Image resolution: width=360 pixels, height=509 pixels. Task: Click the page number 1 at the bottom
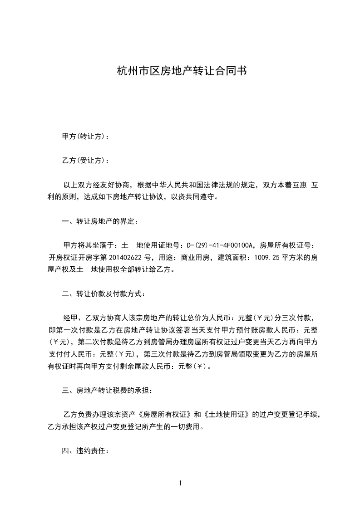180,483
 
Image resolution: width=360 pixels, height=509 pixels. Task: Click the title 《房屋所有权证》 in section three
165,415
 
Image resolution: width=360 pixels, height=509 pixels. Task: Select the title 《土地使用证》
226,415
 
